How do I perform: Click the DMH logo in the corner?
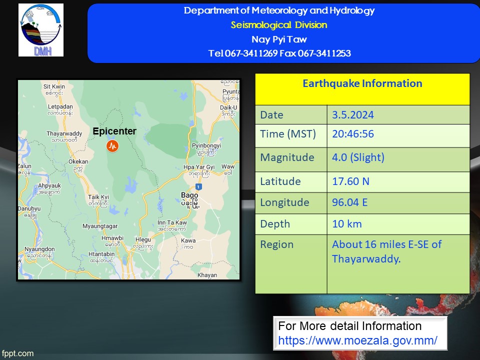tap(41, 30)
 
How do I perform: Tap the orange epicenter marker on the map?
tap(112, 146)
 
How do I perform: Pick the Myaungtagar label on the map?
tap(100, 226)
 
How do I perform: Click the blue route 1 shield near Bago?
tap(198, 186)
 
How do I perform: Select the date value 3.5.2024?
tap(353, 115)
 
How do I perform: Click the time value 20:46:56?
tap(353, 134)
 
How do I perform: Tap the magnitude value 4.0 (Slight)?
tap(358, 157)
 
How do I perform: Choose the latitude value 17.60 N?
tap(351, 181)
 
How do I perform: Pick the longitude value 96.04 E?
tap(350, 202)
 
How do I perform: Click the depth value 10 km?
tap(347, 224)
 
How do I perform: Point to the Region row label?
tap(276, 244)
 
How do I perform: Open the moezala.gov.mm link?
tap(357, 340)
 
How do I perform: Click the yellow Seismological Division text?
tap(279, 25)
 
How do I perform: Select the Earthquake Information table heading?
tap(362, 83)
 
